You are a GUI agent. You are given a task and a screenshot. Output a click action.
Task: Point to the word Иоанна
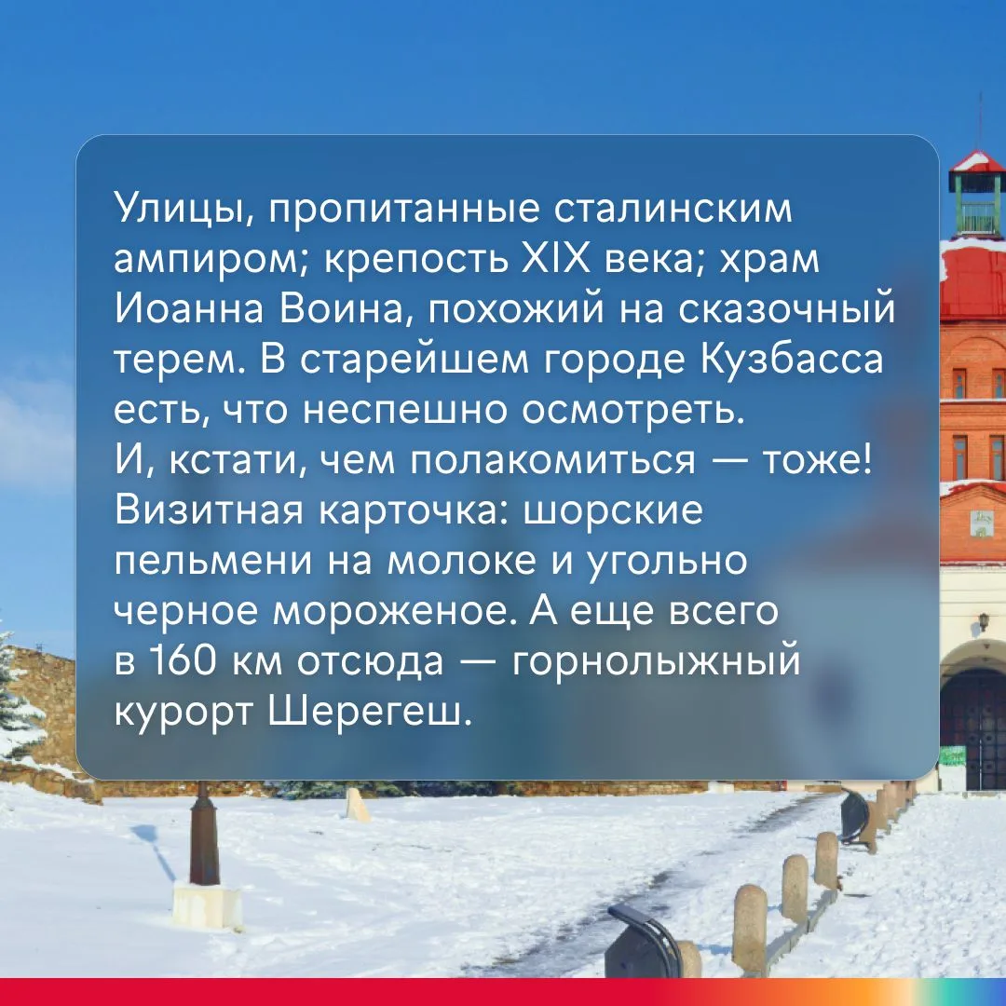(190, 309)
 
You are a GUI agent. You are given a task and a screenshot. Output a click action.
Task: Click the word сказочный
(786, 309)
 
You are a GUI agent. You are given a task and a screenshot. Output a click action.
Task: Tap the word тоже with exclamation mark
(816, 460)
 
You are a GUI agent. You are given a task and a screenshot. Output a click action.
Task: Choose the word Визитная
(209, 510)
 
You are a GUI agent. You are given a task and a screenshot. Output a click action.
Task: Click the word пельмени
(213, 561)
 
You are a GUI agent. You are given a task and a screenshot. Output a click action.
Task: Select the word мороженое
(394, 611)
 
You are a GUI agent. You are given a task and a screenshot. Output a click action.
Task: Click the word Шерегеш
(370, 712)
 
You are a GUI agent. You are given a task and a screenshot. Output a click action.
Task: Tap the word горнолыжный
(657, 661)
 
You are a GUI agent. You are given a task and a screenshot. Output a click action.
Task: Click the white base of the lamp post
(207, 906)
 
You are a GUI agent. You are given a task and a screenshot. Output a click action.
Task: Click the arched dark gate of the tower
(973, 728)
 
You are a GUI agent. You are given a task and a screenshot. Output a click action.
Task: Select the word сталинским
(673, 209)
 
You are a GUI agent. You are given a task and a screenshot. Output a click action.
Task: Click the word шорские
(613, 510)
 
